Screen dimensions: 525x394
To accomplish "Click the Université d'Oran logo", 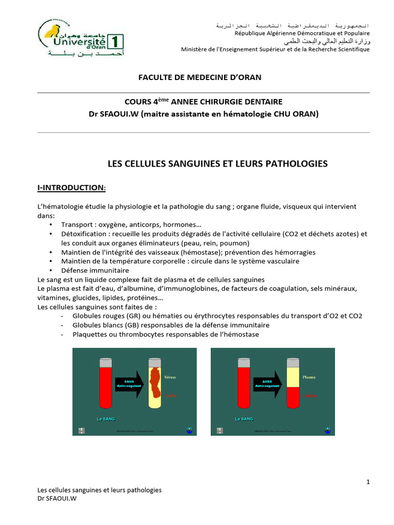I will click(x=81, y=40).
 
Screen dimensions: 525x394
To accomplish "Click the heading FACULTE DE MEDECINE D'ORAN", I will click(x=200, y=77).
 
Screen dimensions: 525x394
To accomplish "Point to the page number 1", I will click(x=368, y=482).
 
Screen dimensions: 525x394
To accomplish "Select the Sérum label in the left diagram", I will click(x=170, y=377).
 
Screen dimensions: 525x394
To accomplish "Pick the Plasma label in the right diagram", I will click(x=309, y=376).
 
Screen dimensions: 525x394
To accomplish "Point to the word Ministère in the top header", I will click(x=196, y=49).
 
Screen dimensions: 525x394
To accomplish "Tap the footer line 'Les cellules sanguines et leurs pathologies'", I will click(x=100, y=490).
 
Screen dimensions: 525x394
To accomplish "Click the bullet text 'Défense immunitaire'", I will click(x=95, y=271).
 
